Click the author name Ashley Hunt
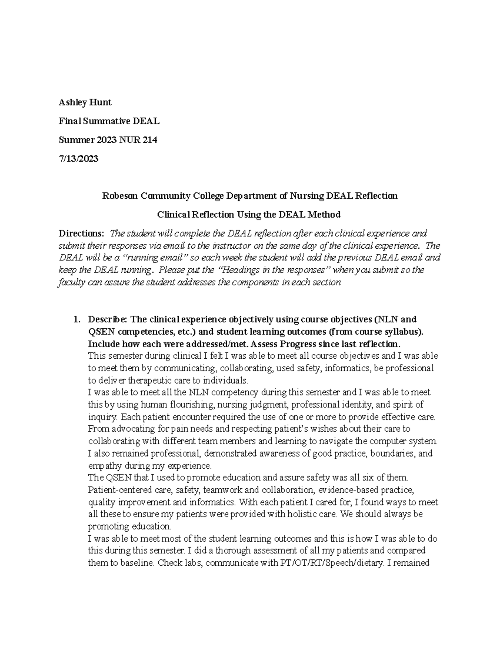[85, 102]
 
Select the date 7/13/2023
[78, 158]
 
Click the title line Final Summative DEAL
[109, 121]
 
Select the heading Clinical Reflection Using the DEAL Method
[249, 215]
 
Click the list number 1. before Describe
[76, 320]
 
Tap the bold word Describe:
[107, 320]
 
